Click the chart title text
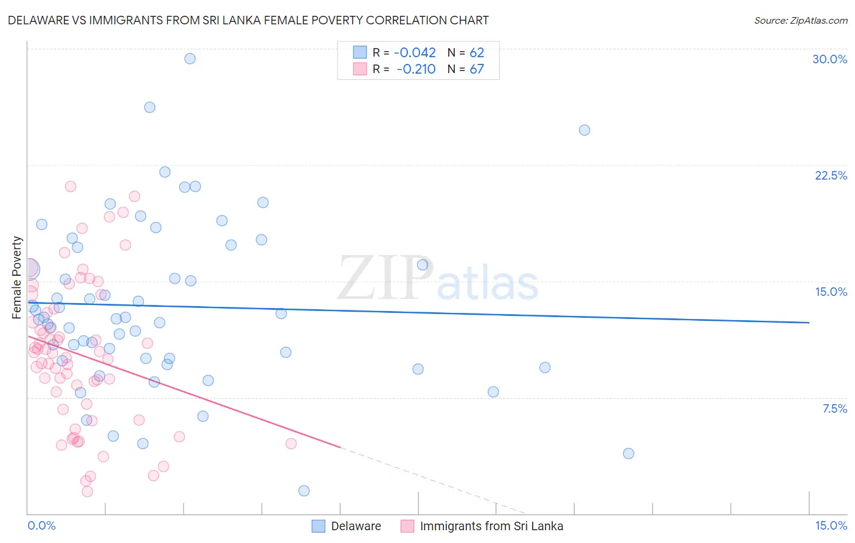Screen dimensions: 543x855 [248, 20]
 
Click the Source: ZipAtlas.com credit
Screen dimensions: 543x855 [800, 21]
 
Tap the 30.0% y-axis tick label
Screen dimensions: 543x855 [829, 59]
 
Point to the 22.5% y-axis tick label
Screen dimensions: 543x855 [831, 175]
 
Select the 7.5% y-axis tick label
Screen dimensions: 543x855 [834, 408]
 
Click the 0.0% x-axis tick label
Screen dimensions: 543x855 [41, 526]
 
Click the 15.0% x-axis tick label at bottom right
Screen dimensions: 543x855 [831, 526]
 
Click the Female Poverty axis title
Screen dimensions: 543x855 [17, 278]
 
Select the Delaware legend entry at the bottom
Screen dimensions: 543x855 [356, 526]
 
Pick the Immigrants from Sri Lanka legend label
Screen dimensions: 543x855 [491, 526]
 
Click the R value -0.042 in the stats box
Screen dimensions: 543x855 [415, 53]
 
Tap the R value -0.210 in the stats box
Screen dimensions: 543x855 [416, 69]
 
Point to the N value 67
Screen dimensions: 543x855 [477, 69]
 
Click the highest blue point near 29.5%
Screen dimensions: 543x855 [190, 58]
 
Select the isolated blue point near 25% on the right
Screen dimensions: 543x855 [584, 130]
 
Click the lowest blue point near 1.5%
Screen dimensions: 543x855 [304, 491]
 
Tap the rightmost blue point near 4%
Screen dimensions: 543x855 [629, 454]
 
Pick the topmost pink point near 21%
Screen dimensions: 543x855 [71, 186]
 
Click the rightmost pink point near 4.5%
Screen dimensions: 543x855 [291, 444]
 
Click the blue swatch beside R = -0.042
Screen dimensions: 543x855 [360, 52]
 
